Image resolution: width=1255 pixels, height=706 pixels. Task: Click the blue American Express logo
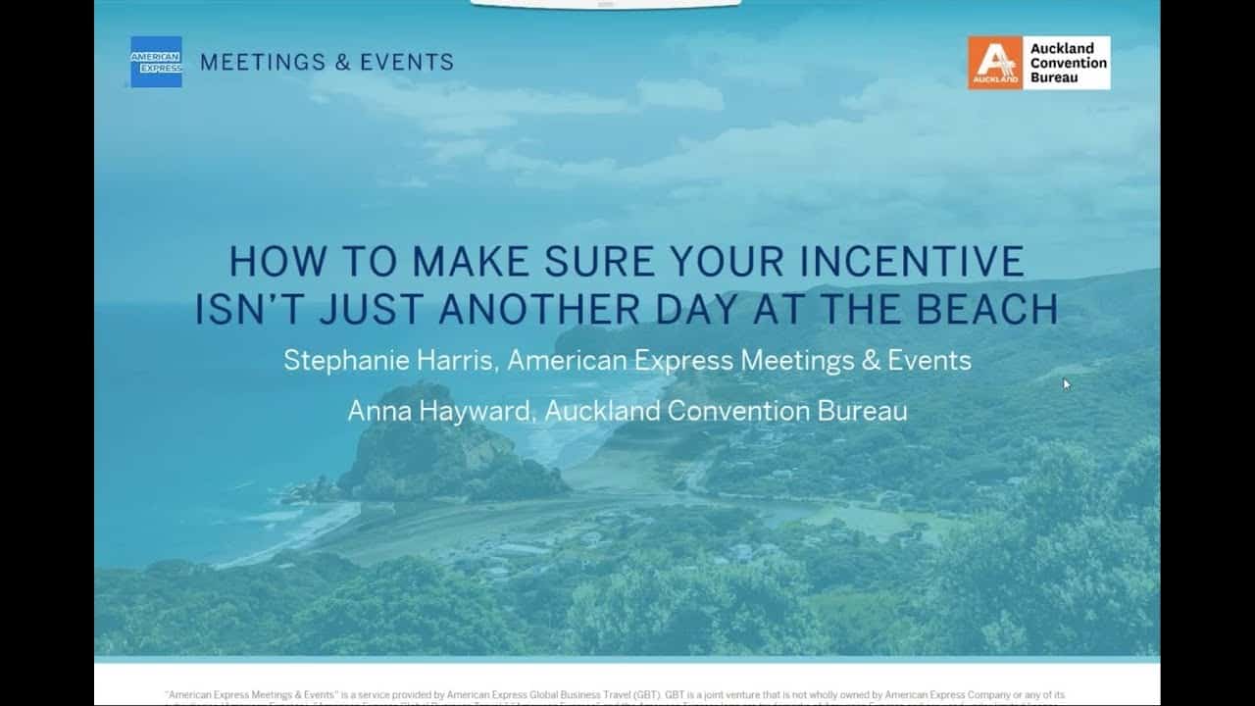pos(156,62)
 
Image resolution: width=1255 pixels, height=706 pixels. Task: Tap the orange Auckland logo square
pos(995,63)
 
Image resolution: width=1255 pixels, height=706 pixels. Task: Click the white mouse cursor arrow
pos(1067,383)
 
